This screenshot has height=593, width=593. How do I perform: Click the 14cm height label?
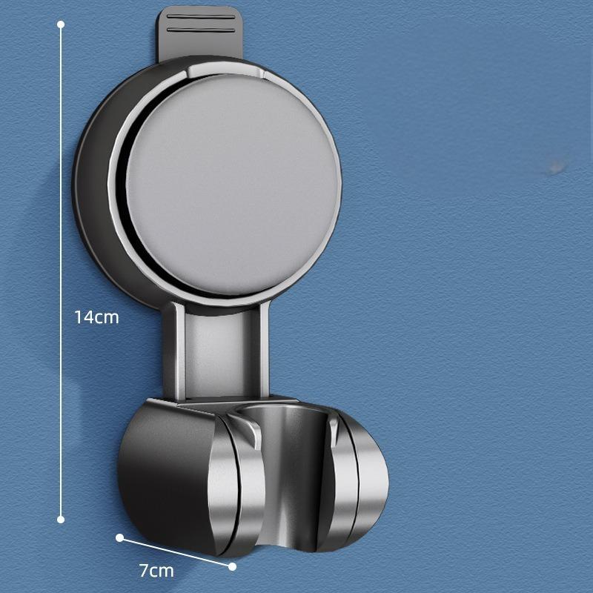(96, 317)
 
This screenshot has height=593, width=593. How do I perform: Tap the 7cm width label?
(156, 571)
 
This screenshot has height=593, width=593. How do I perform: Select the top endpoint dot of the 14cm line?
(61, 24)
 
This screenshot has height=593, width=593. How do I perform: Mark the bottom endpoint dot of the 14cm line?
(61, 519)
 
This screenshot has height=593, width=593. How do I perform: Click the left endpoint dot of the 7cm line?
(119, 537)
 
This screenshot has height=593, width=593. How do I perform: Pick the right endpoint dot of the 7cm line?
(232, 566)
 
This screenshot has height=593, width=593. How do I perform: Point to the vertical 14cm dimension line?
(61, 185)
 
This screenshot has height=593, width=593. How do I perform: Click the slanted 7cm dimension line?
(176, 552)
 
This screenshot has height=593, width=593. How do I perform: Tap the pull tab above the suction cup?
(200, 33)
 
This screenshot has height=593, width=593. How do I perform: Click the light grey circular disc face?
(230, 185)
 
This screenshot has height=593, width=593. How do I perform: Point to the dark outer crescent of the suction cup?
(93, 178)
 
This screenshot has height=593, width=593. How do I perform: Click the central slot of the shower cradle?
(285, 460)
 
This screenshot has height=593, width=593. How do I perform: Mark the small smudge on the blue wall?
(555, 168)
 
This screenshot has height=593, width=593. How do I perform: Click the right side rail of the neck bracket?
(264, 348)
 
